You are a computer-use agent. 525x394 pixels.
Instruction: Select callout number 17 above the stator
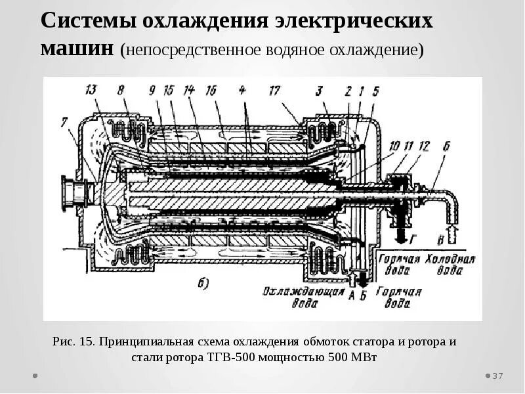click(x=274, y=90)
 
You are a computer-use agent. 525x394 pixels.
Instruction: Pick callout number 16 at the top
click(x=211, y=90)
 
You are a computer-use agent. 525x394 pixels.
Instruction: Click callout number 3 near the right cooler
click(x=317, y=90)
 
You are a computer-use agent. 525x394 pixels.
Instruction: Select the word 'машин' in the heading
click(x=77, y=47)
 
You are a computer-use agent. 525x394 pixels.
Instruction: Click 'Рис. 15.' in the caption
click(x=73, y=342)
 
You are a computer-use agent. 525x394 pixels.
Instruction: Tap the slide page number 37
click(x=497, y=376)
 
